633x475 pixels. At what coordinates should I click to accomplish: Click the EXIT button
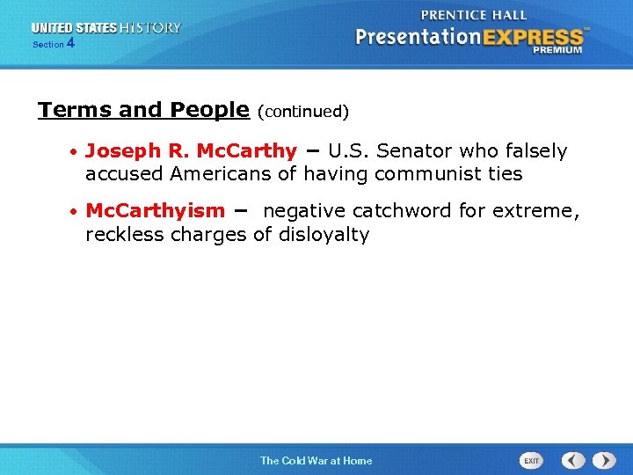coord(531,460)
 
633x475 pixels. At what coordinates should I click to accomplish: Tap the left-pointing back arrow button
coord(574,460)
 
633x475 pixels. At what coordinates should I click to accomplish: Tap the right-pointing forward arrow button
coord(604,460)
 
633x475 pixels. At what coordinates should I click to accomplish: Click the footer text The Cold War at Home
coord(316,460)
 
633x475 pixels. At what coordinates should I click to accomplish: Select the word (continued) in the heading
coord(303,112)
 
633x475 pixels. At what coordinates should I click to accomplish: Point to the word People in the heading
coord(210,110)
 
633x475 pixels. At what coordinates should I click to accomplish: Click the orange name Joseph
coord(118,151)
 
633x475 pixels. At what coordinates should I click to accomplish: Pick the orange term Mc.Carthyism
coord(155,211)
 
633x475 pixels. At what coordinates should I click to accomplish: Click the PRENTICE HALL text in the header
coord(474,15)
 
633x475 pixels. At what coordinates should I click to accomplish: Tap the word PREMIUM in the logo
coord(557,50)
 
